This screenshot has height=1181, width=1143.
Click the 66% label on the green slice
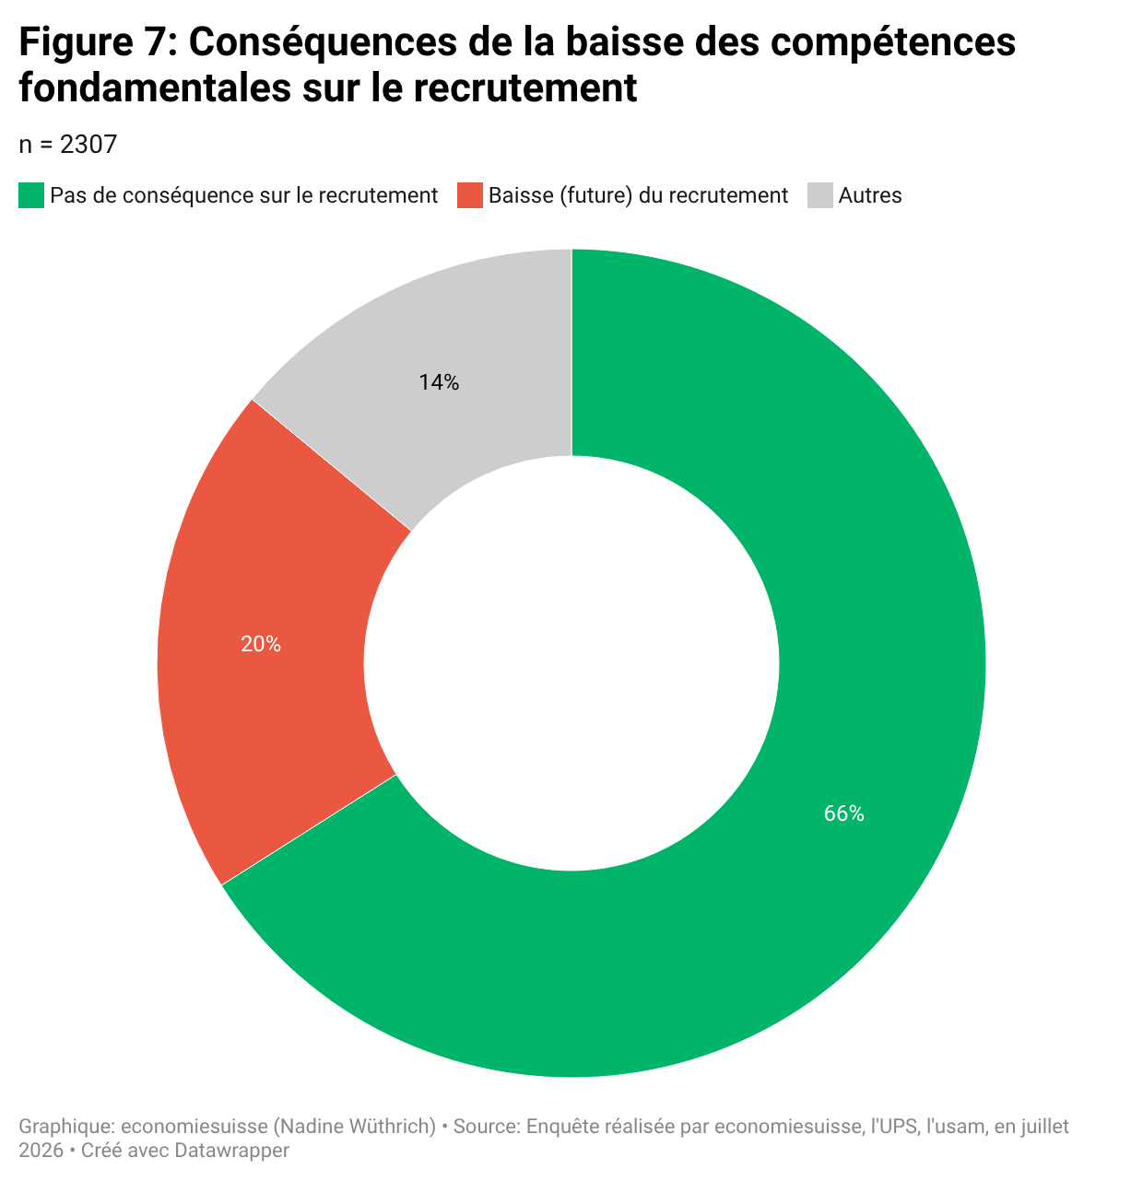point(843,813)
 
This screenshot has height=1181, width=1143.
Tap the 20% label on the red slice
point(261,644)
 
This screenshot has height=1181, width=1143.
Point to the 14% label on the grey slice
point(439,381)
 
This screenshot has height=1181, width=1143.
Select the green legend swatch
point(31,195)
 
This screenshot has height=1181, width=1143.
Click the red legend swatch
point(469,195)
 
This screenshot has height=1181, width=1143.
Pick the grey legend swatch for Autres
point(819,195)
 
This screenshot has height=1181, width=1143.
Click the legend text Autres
point(870,195)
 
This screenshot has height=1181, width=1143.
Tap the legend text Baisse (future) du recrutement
point(638,195)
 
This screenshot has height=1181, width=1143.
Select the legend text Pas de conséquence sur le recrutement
point(244,195)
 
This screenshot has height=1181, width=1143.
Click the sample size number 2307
point(88,145)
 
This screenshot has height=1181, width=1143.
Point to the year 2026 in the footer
point(41,1150)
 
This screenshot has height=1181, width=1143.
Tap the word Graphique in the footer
point(66,1127)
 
